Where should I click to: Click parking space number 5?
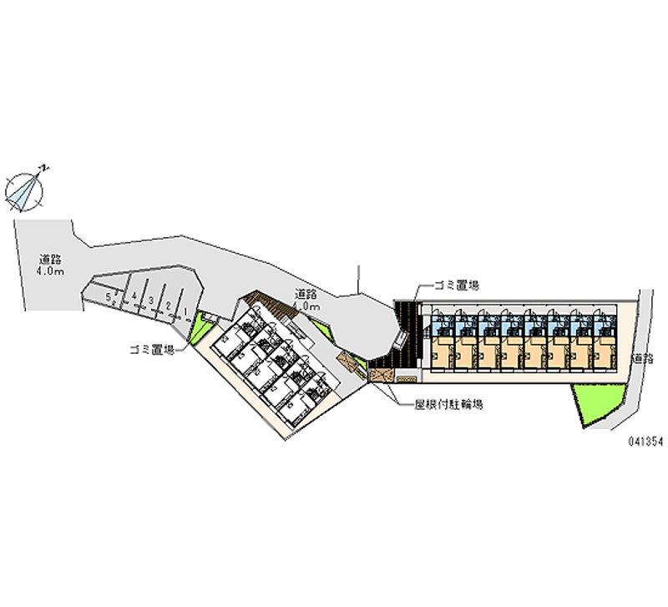(109, 297)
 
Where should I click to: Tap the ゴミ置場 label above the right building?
(455, 286)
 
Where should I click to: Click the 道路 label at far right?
(642, 358)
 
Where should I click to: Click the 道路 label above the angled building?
(305, 294)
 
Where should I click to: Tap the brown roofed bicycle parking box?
(381, 375)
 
